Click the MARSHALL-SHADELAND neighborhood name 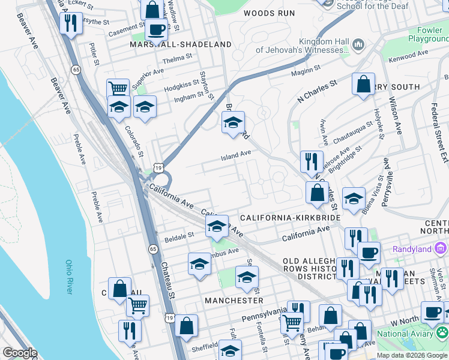click(181, 44)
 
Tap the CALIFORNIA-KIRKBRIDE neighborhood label click(291, 217)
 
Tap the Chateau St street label click(171, 285)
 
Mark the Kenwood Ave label click(408, 55)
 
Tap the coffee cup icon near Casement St click(156, 29)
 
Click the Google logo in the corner click(19, 353)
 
